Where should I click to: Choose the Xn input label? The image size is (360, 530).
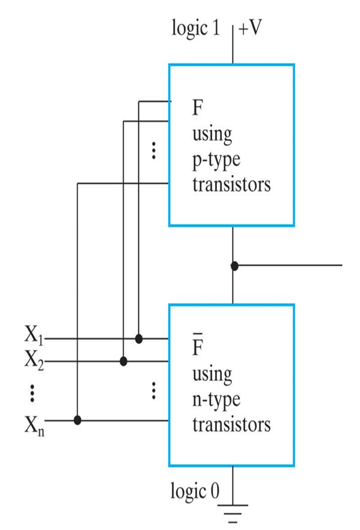coord(34,423)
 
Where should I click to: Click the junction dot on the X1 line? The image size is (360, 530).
coord(138,338)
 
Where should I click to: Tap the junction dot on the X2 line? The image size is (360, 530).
coord(123,361)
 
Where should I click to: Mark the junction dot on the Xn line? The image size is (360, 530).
coord(78,420)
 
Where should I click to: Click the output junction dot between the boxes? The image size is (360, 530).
coord(234,266)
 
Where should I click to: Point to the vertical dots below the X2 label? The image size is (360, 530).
coord(32,392)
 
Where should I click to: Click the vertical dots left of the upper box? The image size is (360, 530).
coord(153,150)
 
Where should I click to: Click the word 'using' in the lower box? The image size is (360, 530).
coord(212,374)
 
